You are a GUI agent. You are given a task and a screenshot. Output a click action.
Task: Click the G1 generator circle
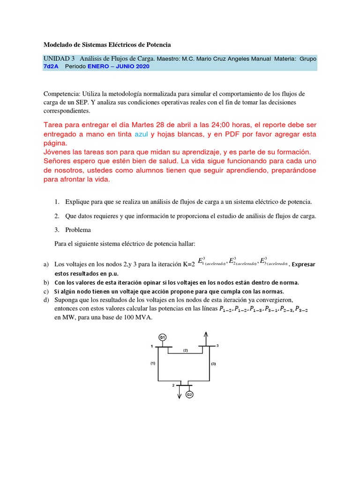[163, 337]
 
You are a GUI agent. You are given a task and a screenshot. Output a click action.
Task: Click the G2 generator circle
[190, 395]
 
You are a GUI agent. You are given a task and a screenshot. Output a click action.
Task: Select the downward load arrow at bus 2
[179, 393]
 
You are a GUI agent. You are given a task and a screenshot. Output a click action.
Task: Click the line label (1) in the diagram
[152, 363]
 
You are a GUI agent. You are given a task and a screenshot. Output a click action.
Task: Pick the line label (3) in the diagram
[213, 364]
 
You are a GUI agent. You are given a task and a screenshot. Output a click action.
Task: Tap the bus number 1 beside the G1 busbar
[151, 346]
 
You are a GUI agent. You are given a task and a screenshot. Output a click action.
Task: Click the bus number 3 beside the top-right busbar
[217, 345]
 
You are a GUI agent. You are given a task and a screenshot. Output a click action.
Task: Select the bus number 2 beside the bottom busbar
[173, 384]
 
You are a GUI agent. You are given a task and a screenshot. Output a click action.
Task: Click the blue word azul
[143, 135]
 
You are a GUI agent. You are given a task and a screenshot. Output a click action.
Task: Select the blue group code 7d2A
[51, 67]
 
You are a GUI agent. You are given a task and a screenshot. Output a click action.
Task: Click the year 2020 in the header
[141, 67]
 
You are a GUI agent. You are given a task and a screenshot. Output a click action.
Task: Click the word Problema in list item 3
[79, 230]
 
